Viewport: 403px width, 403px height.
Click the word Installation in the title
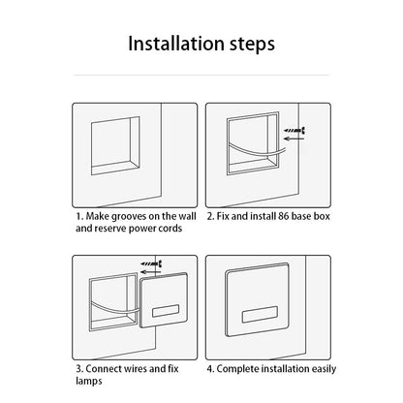tap(176, 44)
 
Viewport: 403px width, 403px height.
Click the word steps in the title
tap(252, 45)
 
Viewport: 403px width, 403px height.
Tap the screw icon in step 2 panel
tap(294, 131)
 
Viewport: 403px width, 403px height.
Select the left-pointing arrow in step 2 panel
tap(294, 139)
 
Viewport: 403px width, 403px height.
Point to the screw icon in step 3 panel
tap(151, 263)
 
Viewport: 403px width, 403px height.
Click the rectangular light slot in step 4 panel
tap(260, 314)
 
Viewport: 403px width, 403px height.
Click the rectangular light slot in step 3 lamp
tap(166, 311)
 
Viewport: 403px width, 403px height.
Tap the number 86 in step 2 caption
tap(283, 216)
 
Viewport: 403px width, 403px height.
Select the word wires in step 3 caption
tap(137, 369)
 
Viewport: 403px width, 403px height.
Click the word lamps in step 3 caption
tap(89, 382)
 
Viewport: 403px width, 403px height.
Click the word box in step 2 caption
tap(322, 216)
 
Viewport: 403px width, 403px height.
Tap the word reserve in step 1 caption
tap(110, 229)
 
